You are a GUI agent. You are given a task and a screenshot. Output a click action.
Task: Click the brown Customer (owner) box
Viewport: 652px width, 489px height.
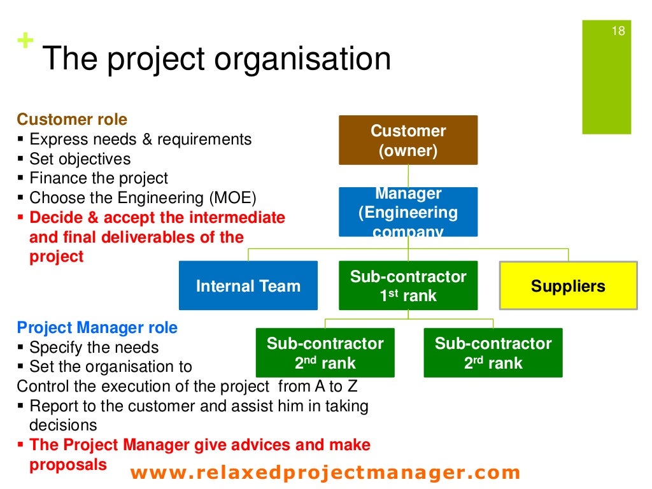click(x=408, y=140)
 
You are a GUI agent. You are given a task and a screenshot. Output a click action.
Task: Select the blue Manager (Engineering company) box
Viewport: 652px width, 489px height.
click(x=408, y=212)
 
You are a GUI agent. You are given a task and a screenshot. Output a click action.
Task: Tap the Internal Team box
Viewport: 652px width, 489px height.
click(x=248, y=286)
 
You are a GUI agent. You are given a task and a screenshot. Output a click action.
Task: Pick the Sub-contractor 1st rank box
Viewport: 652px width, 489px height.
click(x=408, y=286)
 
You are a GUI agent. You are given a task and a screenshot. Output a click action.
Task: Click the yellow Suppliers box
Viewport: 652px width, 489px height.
click(x=568, y=286)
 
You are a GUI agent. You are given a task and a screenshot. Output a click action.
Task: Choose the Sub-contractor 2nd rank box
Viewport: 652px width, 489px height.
click(x=325, y=353)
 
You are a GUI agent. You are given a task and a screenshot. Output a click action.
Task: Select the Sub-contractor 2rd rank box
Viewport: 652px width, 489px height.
click(x=493, y=353)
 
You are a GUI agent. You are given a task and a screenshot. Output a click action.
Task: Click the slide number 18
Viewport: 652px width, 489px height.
click(x=618, y=31)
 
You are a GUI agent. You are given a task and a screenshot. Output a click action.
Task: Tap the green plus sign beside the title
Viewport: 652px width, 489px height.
click(x=25, y=42)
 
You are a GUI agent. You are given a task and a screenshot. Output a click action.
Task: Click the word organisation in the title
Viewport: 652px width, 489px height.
click(x=302, y=59)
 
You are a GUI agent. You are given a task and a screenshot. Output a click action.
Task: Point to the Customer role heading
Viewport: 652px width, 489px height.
click(x=72, y=120)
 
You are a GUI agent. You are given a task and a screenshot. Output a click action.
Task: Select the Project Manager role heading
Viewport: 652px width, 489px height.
click(x=97, y=328)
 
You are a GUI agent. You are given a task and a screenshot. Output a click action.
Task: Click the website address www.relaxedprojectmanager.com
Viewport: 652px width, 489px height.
click(x=325, y=472)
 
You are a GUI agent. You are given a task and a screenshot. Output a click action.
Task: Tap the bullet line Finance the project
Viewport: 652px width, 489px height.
click(x=99, y=178)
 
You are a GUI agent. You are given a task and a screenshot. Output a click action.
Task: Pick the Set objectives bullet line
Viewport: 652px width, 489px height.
click(x=80, y=159)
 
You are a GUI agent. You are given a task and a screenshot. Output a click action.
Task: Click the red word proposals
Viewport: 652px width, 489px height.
click(x=68, y=465)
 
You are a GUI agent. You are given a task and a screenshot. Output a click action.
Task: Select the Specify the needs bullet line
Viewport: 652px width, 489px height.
click(x=94, y=348)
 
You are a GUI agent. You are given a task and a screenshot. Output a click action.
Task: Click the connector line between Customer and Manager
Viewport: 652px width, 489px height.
click(x=408, y=176)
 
